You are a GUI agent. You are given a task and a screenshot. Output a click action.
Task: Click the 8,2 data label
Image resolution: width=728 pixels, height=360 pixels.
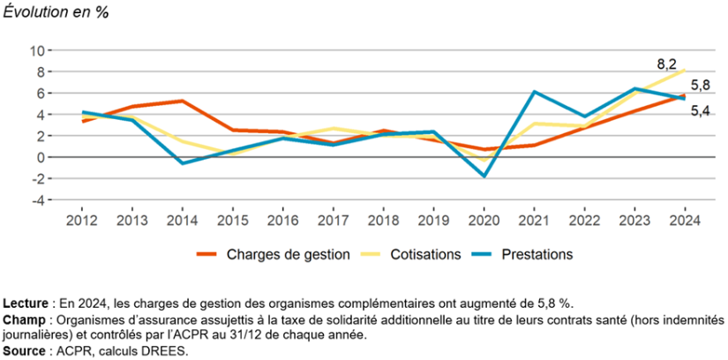[666, 64]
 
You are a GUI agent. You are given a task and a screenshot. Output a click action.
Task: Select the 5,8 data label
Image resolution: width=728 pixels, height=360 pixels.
[700, 86]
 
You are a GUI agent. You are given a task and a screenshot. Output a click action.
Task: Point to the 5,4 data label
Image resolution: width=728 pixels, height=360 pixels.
[700, 110]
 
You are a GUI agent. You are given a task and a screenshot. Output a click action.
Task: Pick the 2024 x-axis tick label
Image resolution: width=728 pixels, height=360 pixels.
[686, 219]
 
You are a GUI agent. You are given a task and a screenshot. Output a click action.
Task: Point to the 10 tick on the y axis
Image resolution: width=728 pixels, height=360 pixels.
[37, 50]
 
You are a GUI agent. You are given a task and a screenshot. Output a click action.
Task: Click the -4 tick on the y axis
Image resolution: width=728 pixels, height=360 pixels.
[37, 200]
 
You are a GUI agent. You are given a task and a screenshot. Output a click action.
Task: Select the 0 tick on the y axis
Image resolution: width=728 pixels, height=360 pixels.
[41, 157]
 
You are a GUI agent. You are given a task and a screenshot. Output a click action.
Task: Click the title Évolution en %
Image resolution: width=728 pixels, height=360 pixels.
[56, 13]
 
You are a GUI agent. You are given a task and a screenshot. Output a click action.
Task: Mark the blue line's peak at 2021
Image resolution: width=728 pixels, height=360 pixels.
[534, 92]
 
